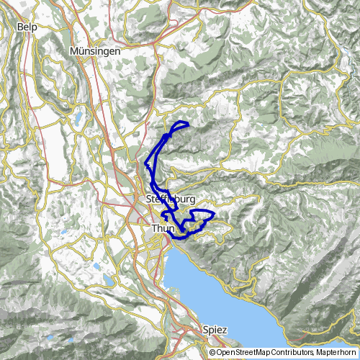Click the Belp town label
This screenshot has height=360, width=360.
pyautogui.click(x=27, y=27)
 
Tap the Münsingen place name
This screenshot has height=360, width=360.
pyautogui.click(x=94, y=52)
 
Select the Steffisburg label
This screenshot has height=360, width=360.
pyautogui.click(x=171, y=199)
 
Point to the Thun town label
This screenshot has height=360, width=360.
pyautogui.click(x=164, y=228)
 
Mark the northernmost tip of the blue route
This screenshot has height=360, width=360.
pyautogui.click(x=180, y=122)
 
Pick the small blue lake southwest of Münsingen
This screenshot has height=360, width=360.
pyautogui.click(x=77, y=116)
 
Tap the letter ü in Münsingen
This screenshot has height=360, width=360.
pyautogui.click(x=82, y=52)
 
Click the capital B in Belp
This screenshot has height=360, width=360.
pyautogui.click(x=19, y=27)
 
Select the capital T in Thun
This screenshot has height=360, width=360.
pyautogui.click(x=155, y=228)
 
